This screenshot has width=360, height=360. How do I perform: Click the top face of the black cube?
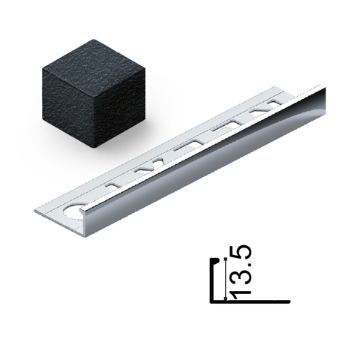click(x=94, y=58)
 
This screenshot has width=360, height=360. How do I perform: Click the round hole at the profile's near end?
click(x=73, y=212)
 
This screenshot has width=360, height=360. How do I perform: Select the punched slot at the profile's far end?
click(x=275, y=103)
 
